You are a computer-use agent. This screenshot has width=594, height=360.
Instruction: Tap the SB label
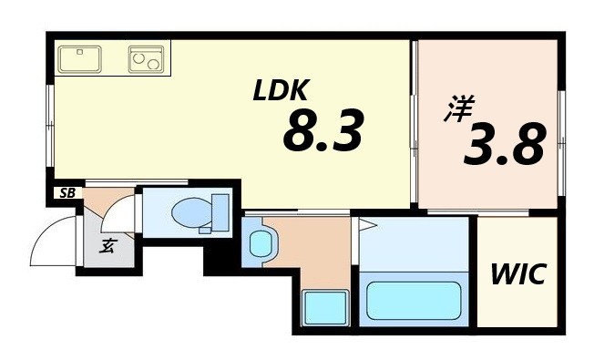pyautogui.click(x=67, y=192)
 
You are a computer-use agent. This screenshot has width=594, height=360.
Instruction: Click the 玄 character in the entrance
pyautogui.click(x=107, y=243)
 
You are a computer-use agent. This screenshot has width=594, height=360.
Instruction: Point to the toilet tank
pyautogui.click(x=219, y=211)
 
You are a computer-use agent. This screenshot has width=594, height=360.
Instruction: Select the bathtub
pyautogui.click(x=413, y=300)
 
